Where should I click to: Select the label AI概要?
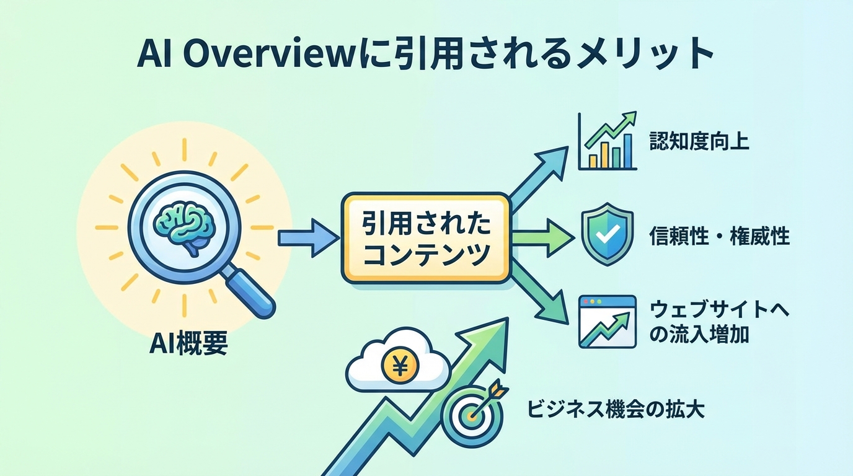pyautogui.click(x=188, y=344)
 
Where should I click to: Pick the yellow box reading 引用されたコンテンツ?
pyautogui.click(x=425, y=238)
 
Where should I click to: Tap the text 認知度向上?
pyautogui.click(x=699, y=142)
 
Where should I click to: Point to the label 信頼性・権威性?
pyautogui.click(x=719, y=236)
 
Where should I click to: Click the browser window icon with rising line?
pyautogui.click(x=607, y=321)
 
